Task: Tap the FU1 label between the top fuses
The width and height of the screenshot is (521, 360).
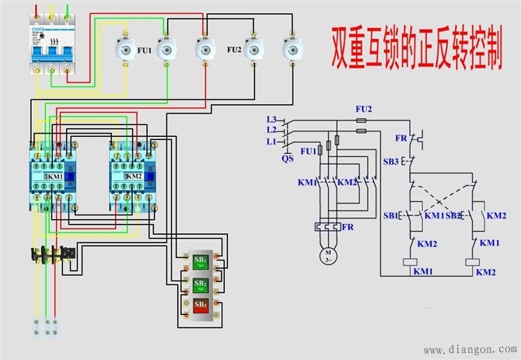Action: tap(145, 50)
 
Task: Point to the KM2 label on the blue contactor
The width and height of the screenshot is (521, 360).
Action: tap(133, 178)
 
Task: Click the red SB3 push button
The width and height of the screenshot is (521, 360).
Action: tap(200, 303)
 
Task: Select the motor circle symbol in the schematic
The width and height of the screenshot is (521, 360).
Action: tap(328, 254)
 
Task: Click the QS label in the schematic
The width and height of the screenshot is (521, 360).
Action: tap(288, 157)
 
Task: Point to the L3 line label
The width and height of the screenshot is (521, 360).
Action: tap(271, 119)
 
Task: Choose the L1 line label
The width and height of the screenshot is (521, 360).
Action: tap(271, 142)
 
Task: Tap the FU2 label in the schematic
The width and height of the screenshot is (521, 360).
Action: tap(363, 109)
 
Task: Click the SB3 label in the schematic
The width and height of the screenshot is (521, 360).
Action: tap(390, 162)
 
